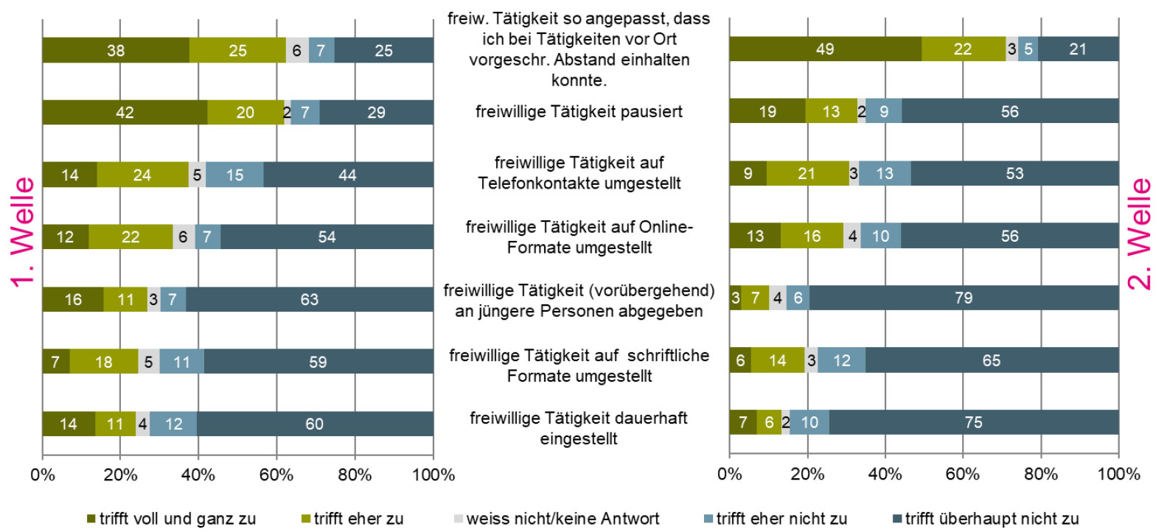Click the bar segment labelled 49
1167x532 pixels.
coord(825,49)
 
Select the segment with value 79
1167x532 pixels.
coord(964,298)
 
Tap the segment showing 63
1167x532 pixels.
coord(309,299)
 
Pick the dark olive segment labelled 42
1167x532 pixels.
coord(125,112)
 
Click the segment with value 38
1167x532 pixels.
coord(116,50)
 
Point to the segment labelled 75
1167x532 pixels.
coord(973,422)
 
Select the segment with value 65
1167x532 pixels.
coord(992,360)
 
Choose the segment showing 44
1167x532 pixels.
coord(347,175)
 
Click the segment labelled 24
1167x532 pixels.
coord(142,175)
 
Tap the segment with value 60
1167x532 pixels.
coord(314,424)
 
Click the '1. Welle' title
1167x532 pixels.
coord(23,232)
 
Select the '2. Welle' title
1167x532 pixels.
coord(1140,234)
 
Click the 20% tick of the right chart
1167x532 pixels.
coord(807,475)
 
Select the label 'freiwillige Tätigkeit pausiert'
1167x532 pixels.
coord(579,112)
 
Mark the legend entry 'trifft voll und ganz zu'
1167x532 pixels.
coord(177,519)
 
